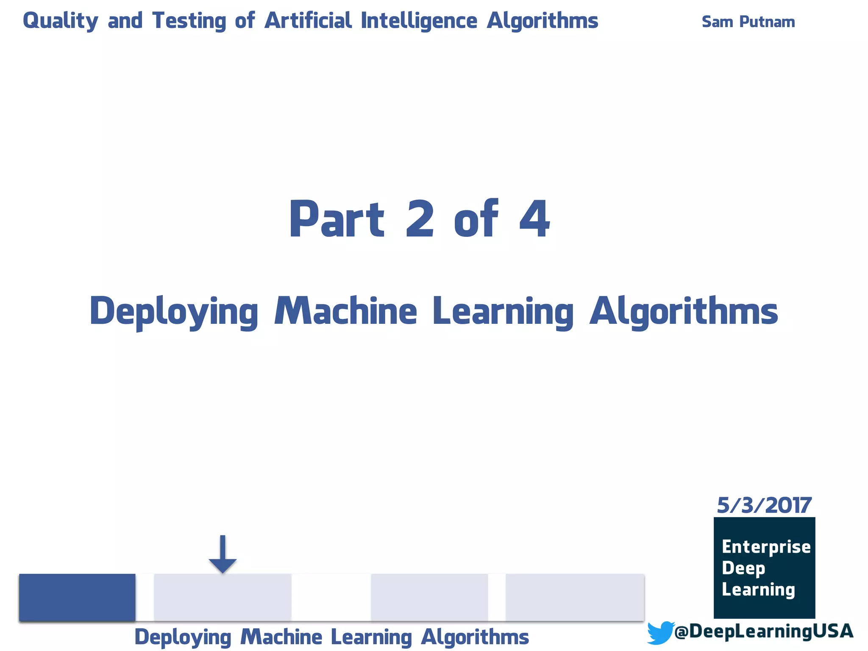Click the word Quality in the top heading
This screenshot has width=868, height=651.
point(60,21)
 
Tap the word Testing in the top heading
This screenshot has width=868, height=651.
point(189,21)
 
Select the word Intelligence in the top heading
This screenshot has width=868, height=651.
point(419,21)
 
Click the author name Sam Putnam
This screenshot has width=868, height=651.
point(748,22)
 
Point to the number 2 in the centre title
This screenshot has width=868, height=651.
point(420,219)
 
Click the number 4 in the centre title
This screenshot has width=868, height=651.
point(534,219)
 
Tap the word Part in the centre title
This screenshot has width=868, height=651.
point(337,219)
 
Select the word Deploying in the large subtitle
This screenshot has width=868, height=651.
point(174,312)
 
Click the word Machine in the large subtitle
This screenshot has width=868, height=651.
point(345,312)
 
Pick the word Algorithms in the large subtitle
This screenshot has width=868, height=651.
point(684,312)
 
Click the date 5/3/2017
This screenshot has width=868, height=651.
point(764,505)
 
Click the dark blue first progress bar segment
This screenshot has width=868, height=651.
point(77,597)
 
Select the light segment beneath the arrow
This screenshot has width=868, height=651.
point(223,597)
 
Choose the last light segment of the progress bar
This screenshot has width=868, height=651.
point(575,597)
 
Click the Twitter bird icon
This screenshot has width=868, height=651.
point(660,632)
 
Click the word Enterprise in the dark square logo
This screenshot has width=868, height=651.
point(766,547)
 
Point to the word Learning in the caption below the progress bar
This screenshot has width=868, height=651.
point(371,637)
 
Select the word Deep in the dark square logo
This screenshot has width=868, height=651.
point(743,568)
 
